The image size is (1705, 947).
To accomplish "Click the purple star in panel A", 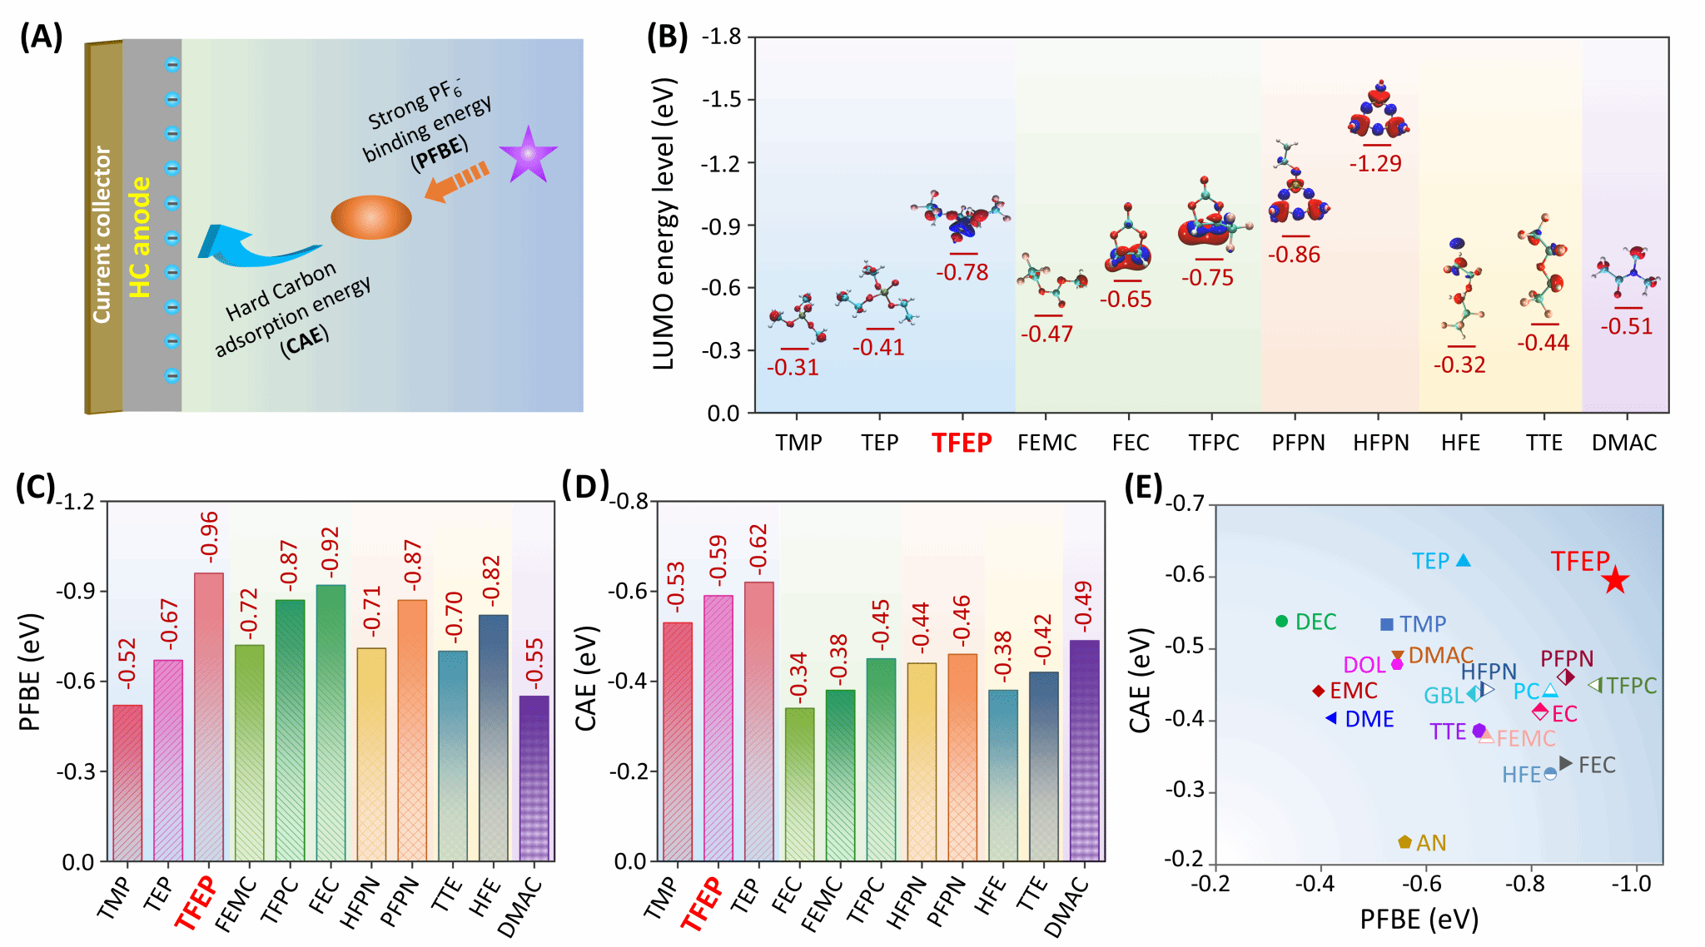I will (x=528, y=155).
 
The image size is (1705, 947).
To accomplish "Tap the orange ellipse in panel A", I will (x=371, y=217).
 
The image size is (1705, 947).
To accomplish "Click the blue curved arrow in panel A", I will (x=250, y=246).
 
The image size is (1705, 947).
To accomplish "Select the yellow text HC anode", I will (x=140, y=238).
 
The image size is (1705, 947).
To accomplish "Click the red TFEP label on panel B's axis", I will (x=962, y=443).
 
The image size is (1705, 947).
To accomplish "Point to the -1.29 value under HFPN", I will (x=1375, y=163).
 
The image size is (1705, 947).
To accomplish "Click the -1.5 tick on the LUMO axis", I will (x=721, y=100).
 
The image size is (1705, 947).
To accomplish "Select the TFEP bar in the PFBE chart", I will (x=209, y=716).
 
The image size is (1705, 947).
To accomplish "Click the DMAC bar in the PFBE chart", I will (x=534, y=777).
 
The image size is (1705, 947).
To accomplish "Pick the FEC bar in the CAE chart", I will (x=800, y=783).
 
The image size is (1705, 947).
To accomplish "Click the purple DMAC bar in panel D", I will (x=1085, y=749).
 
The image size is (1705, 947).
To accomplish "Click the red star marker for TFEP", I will (x=1615, y=580).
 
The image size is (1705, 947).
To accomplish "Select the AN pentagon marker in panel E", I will (x=1405, y=842).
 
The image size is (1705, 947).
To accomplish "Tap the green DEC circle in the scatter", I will (x=1282, y=621).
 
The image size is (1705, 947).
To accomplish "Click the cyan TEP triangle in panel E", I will (x=1463, y=560).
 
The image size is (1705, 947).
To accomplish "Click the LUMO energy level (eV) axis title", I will (x=664, y=225).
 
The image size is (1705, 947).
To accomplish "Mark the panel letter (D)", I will (x=585, y=484).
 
